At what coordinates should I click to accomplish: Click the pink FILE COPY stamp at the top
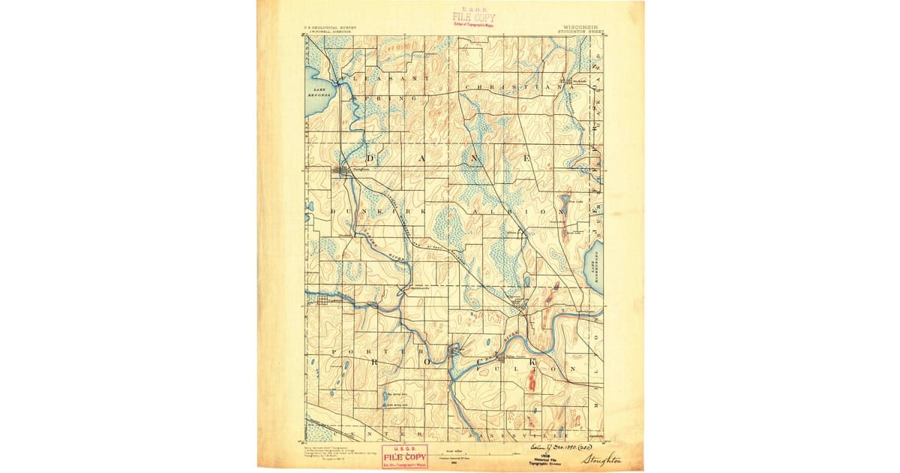pos(474,17)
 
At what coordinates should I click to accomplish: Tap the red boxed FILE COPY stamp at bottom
pos(404,456)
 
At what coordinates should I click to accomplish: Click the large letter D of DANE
pos(372,159)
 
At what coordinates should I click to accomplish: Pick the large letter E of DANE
pos(528,159)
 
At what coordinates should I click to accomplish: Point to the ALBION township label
pos(517,212)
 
